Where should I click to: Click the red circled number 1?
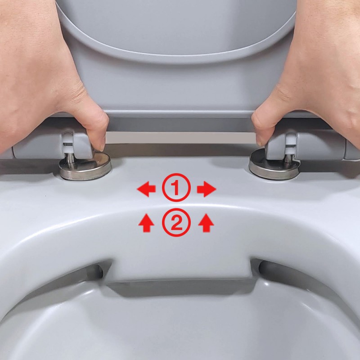(x=176, y=188)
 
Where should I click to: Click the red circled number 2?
(x=176, y=222)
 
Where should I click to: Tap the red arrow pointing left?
(x=146, y=189)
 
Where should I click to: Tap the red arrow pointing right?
(x=207, y=189)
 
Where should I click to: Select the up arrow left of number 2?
(x=146, y=223)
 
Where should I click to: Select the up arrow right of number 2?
(x=206, y=223)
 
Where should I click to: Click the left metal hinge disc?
(x=85, y=166)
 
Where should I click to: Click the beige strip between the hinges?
(x=180, y=138)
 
